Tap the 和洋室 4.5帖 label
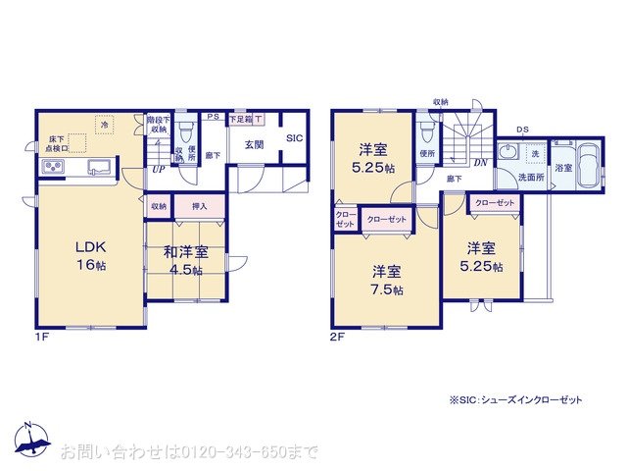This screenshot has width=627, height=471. (x=184, y=261)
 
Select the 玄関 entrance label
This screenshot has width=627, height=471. (x=253, y=140)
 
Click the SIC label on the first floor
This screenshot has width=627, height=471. (x=294, y=140)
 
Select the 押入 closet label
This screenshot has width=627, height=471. (x=199, y=206)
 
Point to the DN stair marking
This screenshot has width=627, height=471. (x=481, y=163)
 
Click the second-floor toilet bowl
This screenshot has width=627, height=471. (x=425, y=133)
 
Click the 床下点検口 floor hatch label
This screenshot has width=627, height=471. (x=55, y=144)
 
